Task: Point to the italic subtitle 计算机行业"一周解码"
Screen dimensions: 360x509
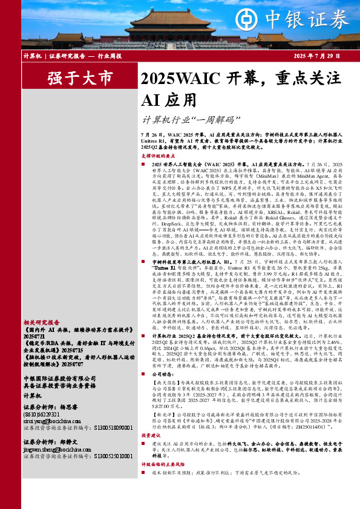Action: tap(185, 120)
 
